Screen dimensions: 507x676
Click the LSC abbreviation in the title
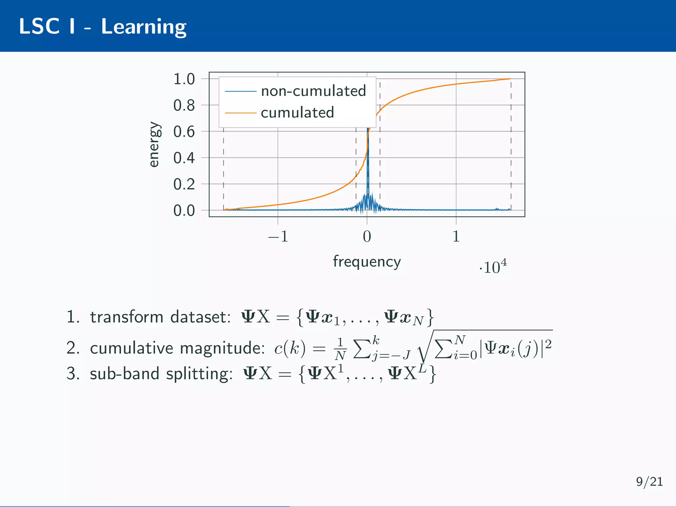pyautogui.click(x=39, y=26)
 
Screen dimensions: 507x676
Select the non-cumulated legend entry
pyautogui.click(x=313, y=91)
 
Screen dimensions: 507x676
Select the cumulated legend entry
pyautogui.click(x=297, y=113)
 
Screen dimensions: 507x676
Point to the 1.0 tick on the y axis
pyautogui.click(x=184, y=79)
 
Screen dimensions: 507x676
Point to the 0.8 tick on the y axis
pyautogui.click(x=184, y=106)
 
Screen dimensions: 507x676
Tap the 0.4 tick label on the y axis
pyautogui.click(x=184, y=158)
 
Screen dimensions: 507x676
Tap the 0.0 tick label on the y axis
pyautogui.click(x=184, y=211)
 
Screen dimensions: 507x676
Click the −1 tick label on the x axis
pyautogui.click(x=278, y=237)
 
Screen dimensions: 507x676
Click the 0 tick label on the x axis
pyautogui.click(x=367, y=237)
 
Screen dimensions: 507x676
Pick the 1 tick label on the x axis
pyautogui.click(x=456, y=237)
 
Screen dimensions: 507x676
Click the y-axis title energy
pyautogui.click(x=154, y=145)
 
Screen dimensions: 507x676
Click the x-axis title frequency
pyautogui.click(x=367, y=262)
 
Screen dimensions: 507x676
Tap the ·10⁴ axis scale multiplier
pyautogui.click(x=493, y=267)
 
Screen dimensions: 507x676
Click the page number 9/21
pyautogui.click(x=649, y=482)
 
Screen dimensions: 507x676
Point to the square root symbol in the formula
pyautogui.click(x=423, y=350)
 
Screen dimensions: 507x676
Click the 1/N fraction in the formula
pyautogui.click(x=340, y=349)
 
